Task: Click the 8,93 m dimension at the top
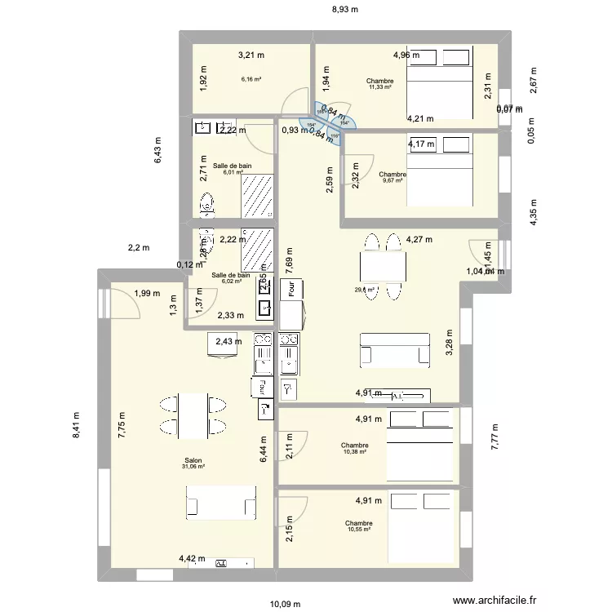click(344, 10)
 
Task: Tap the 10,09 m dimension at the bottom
click(286, 604)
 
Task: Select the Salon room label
click(193, 459)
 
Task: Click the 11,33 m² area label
click(379, 87)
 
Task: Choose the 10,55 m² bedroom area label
click(358, 530)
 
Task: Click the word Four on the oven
click(289, 289)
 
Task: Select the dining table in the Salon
click(193, 415)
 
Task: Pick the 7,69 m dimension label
click(289, 260)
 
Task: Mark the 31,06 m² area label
click(193, 467)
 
